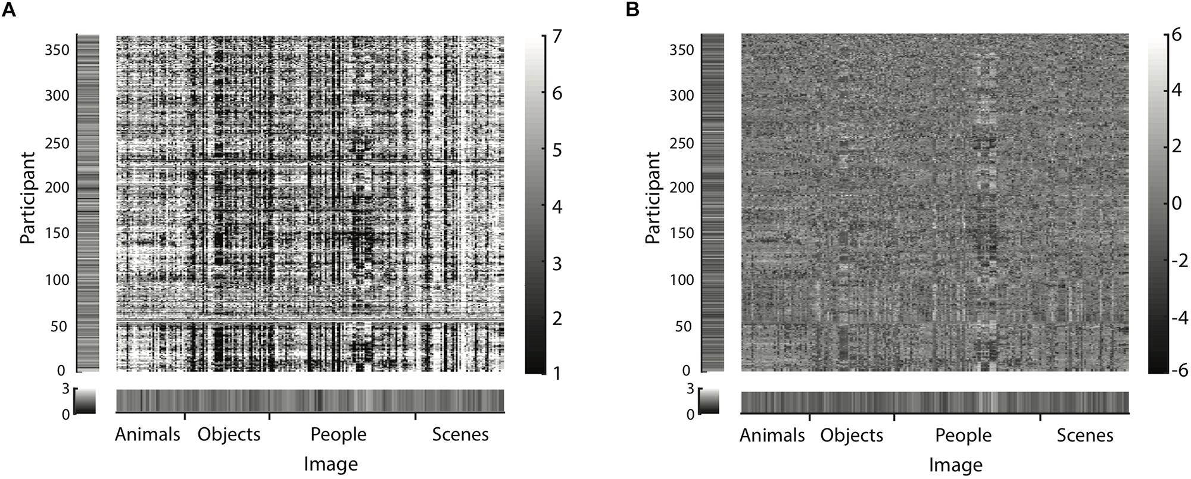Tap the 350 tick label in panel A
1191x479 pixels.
(x=57, y=50)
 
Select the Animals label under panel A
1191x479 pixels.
(x=147, y=434)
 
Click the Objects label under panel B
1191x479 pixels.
(x=851, y=436)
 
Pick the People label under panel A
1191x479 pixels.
(x=338, y=434)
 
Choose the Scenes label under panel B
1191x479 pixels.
(x=1084, y=436)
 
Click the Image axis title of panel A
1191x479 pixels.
(x=331, y=464)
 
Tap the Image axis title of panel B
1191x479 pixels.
(x=955, y=465)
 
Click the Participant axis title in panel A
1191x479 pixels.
(x=27, y=198)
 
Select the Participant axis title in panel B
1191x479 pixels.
(x=653, y=198)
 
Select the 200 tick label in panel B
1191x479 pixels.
(x=682, y=187)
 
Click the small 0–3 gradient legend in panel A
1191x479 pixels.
(x=85, y=401)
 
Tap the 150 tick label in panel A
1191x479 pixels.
(x=57, y=233)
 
